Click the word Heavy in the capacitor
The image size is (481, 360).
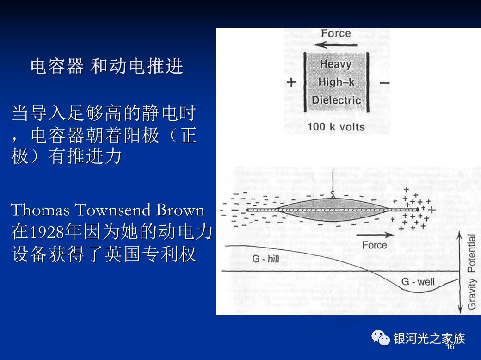[x=336, y=64]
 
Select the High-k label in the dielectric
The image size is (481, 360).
[x=336, y=82]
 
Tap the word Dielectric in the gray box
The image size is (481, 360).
[x=336, y=100]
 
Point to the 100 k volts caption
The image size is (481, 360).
[x=336, y=127]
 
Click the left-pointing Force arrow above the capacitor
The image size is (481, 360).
[x=336, y=45]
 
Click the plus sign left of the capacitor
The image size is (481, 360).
[x=291, y=82]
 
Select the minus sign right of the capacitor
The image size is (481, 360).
[x=384, y=82]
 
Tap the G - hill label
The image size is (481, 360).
[x=265, y=259]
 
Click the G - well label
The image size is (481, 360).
[x=418, y=281]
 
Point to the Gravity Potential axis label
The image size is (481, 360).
[x=471, y=272]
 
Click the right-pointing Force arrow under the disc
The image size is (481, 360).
[x=375, y=235]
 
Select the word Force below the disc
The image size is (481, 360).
[x=374, y=245]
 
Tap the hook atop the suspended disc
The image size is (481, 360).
[x=333, y=194]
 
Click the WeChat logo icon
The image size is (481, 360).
[x=381, y=338]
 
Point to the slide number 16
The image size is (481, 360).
[x=450, y=347]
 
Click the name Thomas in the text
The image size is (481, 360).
[x=40, y=210]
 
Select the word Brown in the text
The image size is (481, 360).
[x=180, y=210]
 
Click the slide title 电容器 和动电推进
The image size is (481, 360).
[x=107, y=66]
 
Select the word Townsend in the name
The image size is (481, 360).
[x=113, y=210]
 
